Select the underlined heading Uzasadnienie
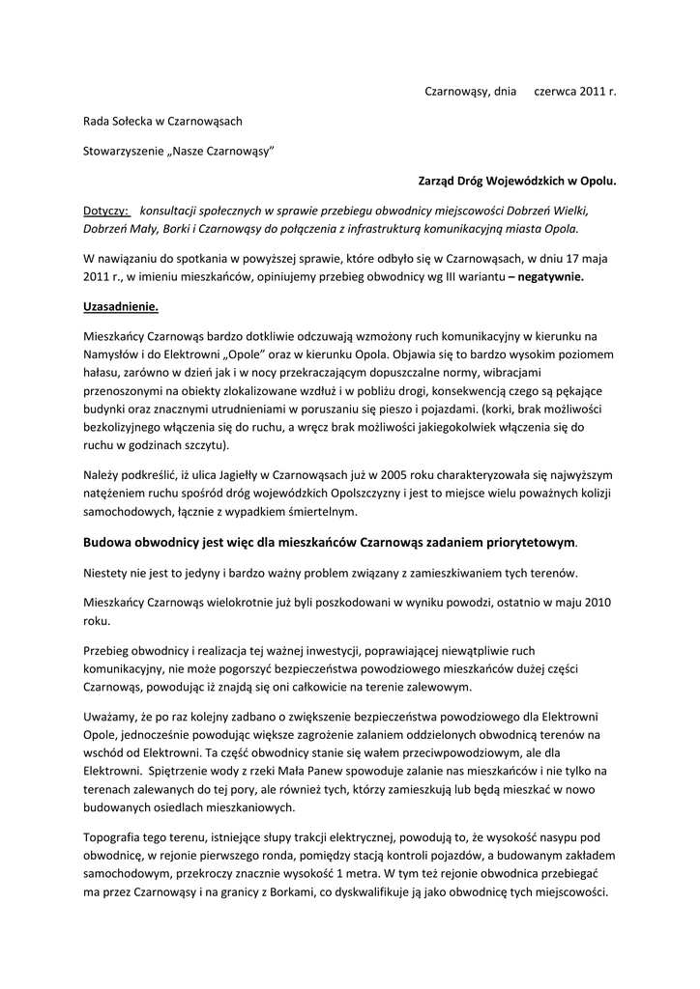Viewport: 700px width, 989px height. point(120,306)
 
